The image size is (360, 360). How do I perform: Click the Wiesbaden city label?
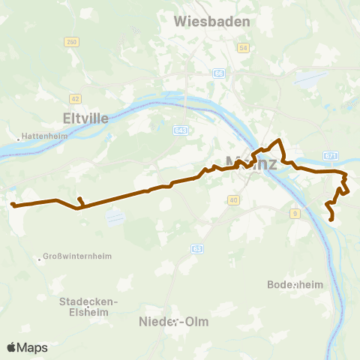click(211, 22)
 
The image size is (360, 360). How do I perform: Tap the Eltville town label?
click(87, 118)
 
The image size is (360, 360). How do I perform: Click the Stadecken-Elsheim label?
click(87, 306)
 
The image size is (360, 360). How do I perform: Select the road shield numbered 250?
click(71, 41)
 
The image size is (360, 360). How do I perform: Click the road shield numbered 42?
click(75, 97)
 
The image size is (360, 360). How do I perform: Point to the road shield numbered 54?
click(242, 48)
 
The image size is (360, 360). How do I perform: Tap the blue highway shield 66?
click(218, 73)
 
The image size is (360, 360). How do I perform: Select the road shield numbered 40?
click(233, 199)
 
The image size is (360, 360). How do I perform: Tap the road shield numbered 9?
click(295, 214)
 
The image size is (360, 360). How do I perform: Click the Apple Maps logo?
click(28, 347)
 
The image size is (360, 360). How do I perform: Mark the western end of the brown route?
click(12, 203)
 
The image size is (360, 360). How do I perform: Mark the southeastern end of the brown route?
click(332, 220)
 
